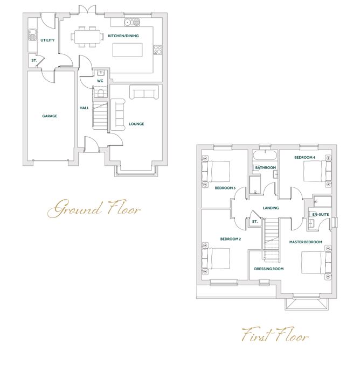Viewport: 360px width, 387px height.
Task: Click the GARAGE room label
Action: (50, 116)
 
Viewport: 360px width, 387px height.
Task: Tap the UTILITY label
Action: (47, 40)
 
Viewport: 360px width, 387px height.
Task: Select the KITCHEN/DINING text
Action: (123, 36)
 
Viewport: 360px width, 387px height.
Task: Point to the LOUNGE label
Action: (136, 124)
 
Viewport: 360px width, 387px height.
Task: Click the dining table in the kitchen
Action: (87, 37)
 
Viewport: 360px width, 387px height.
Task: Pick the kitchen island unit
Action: (127, 50)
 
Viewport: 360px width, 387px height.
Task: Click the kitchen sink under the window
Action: (131, 22)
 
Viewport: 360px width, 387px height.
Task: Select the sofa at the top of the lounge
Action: (146, 94)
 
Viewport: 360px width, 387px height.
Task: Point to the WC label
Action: (100, 81)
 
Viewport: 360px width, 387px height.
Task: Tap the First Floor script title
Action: (274, 336)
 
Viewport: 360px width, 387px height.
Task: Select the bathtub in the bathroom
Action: (265, 156)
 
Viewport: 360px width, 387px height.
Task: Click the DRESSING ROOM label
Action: (268, 269)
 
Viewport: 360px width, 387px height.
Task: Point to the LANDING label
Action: (270, 208)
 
